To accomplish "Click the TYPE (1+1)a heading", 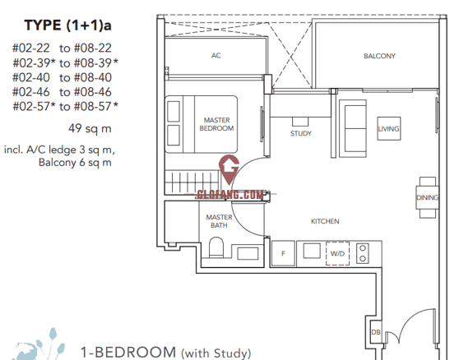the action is pos(68,25).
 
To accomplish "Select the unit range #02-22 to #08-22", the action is pos(62,48).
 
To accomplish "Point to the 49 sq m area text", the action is pos(90,128).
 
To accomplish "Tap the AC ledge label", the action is pos(216,55).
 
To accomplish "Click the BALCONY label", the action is pos(379,56).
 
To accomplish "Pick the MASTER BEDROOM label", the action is pos(216,124).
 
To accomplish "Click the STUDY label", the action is pos(301,133).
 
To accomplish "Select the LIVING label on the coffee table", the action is pos(389,129).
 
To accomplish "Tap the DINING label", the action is pos(428,198).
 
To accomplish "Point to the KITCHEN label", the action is pos(325,221).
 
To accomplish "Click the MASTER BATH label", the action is pos(219,221).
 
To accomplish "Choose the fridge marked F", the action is pos(283,253).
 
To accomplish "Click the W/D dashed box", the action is pos(337,253).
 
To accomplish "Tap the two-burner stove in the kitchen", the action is pos(363,253).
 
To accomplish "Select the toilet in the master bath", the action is pos(216,247).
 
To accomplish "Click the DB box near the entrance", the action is pos(376,332).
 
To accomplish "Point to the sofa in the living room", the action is pos(353,129).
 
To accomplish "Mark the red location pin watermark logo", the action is pos(229,170).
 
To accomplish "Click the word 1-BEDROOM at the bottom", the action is pos(128,353).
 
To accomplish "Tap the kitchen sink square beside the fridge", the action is pos(312,251).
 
